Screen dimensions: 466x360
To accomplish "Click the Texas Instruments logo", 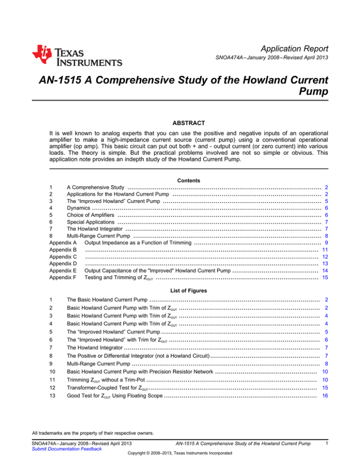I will coord(77,56).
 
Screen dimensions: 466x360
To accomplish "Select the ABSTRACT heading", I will coord(180,123).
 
